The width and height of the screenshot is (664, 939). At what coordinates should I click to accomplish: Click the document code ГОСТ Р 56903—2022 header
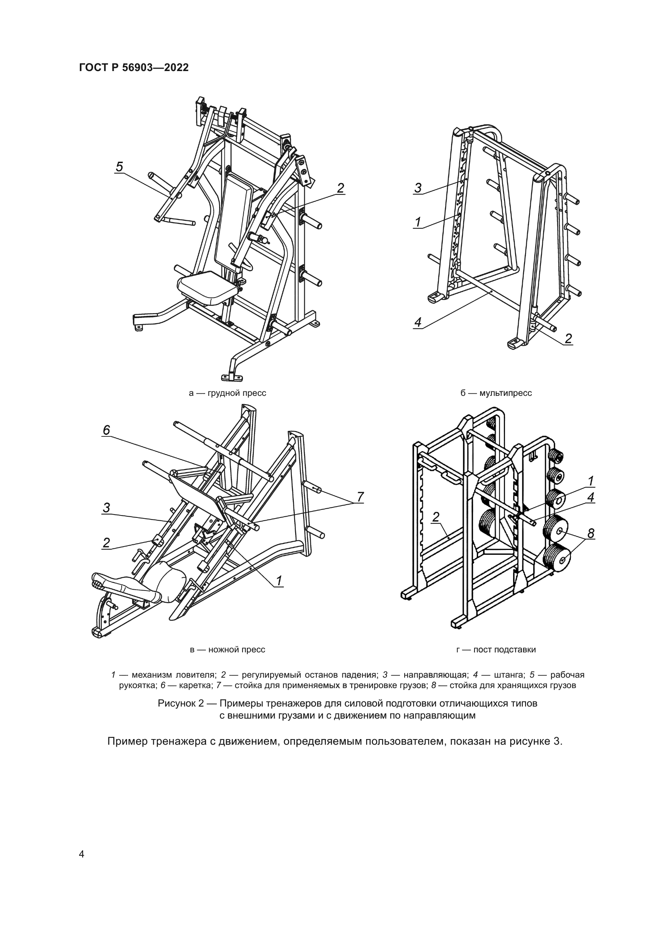(134, 68)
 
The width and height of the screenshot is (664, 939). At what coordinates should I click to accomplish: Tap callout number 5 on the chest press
(119, 167)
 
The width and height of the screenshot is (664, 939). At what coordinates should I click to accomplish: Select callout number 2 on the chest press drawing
(340, 188)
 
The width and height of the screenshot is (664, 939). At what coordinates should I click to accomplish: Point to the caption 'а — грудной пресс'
(227, 393)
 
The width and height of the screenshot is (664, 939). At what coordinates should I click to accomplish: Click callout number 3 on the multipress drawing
(418, 188)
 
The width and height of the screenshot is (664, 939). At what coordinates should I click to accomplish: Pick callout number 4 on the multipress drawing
(418, 322)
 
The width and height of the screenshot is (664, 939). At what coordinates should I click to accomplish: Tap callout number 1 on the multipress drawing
(418, 222)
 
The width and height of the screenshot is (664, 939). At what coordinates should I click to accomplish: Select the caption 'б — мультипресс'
(495, 393)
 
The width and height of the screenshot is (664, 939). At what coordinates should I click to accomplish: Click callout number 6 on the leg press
(106, 430)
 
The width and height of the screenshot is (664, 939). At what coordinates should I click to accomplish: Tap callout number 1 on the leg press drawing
(279, 581)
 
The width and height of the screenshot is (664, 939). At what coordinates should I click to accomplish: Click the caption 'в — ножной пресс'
(227, 650)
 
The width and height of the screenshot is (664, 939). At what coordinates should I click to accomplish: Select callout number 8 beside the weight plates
(591, 533)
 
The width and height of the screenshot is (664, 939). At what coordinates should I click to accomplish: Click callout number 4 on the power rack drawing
(591, 497)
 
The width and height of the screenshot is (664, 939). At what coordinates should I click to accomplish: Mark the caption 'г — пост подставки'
(495, 650)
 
